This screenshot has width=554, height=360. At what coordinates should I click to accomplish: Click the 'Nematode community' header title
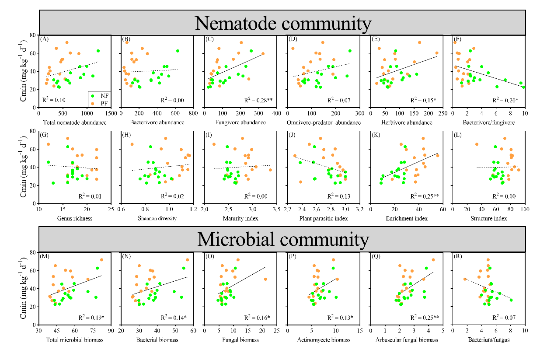[x=282, y=22]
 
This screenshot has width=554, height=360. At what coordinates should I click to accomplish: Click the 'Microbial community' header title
[x=282, y=239]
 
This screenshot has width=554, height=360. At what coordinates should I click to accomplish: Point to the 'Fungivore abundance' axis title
[x=240, y=122]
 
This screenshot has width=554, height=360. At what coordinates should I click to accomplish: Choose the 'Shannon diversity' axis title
[x=157, y=218]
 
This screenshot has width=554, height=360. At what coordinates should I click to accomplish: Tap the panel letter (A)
[x=44, y=39]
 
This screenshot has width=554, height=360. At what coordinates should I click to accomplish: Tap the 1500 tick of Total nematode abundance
[x=110, y=113]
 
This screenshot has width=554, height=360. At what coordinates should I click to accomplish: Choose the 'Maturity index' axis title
[x=240, y=218]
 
